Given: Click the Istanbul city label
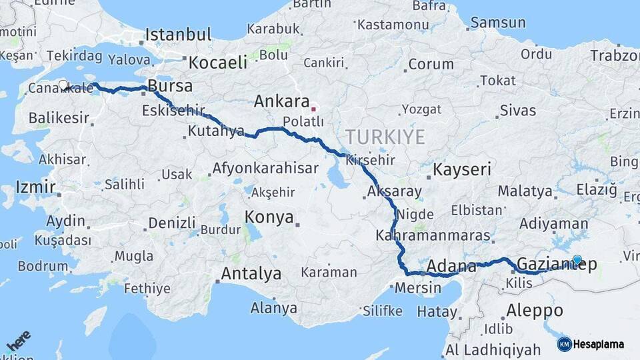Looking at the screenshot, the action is [x=178, y=35].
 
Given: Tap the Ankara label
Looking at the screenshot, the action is [x=280, y=102].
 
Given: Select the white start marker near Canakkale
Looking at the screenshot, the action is [x=63, y=85].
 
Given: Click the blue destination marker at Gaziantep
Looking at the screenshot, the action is [x=577, y=260].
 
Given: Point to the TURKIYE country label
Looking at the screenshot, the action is [x=385, y=137].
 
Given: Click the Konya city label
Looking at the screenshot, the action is [x=269, y=217].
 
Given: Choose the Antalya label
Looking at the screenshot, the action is [x=251, y=273].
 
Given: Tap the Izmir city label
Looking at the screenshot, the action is [x=35, y=187].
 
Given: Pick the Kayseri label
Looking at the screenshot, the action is [x=462, y=169].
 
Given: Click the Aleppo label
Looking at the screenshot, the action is [x=535, y=310].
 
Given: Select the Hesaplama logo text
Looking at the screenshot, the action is [x=599, y=344].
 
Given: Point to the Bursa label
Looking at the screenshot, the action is [x=170, y=86].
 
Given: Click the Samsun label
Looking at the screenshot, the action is [x=497, y=23].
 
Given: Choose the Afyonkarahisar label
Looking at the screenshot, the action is [x=265, y=168].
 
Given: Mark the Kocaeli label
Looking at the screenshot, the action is [x=217, y=63].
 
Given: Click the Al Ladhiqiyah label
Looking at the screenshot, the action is [x=494, y=349].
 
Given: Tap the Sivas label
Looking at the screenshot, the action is [x=517, y=109].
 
